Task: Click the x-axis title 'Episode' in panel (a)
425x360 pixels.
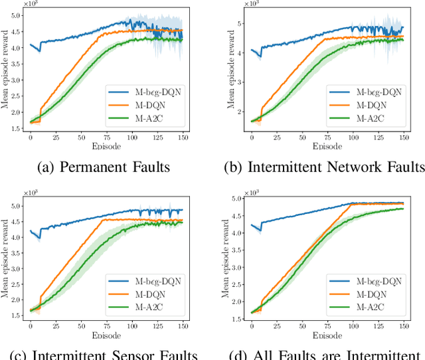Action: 106,145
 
